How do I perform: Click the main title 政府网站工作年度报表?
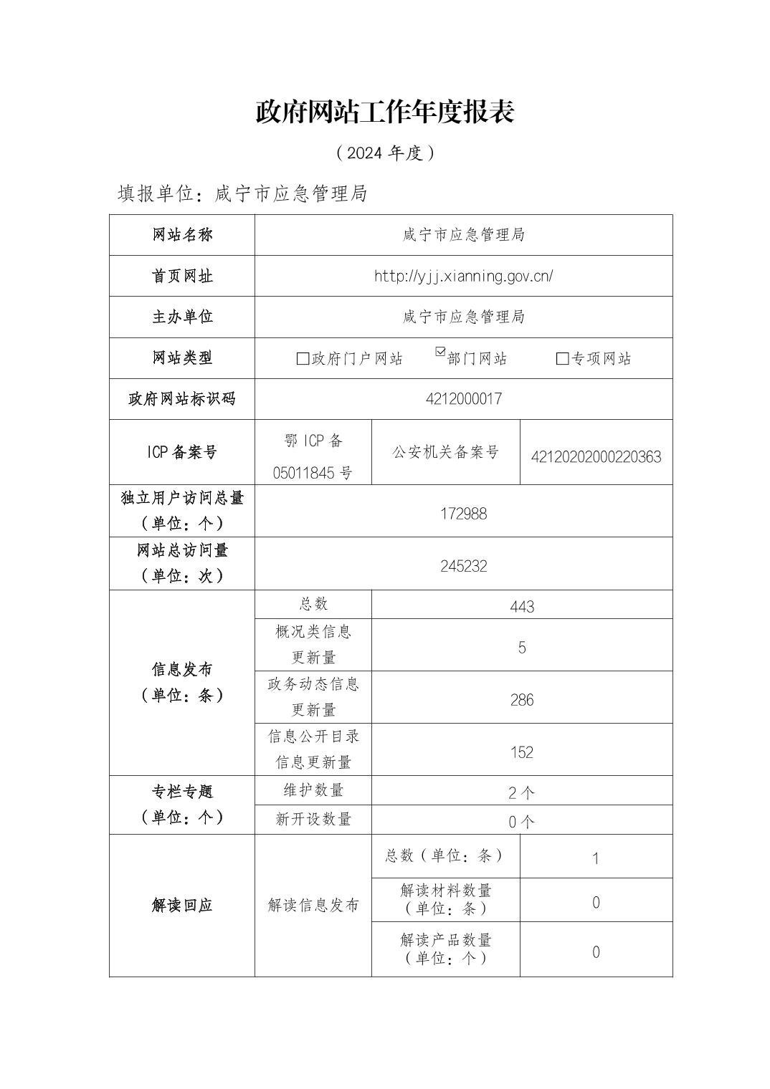[x=385, y=112]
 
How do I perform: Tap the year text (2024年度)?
[x=385, y=153]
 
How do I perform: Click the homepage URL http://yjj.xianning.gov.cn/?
[x=463, y=276]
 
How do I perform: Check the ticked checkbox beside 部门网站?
[x=440, y=352]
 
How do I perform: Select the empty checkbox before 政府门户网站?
[x=303, y=358]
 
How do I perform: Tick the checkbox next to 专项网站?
[x=562, y=358]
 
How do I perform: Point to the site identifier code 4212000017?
[x=463, y=399]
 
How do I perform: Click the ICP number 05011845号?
[x=313, y=473]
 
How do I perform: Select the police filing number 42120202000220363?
[x=596, y=456]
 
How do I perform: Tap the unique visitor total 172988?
[x=463, y=514]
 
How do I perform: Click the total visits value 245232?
[x=463, y=566]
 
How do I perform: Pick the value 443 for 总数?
[x=522, y=607]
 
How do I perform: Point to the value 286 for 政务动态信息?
[x=522, y=700]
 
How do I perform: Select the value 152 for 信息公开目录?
[x=522, y=752]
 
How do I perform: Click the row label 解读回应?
[x=182, y=906]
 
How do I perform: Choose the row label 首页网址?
[x=182, y=276]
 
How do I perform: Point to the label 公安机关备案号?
[x=445, y=452]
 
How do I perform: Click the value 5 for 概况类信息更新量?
[x=522, y=648]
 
